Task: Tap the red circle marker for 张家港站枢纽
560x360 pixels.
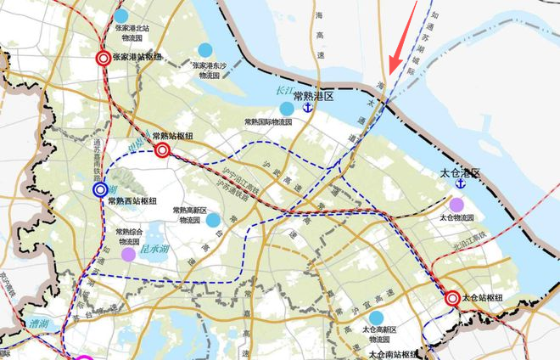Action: pyautogui.click(x=103, y=59)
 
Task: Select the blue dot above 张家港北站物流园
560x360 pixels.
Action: pyautogui.click(x=121, y=15)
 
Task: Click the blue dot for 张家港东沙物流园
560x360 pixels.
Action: pyautogui.click(x=204, y=49)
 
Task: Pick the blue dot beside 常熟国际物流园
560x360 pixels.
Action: pyautogui.click(x=287, y=109)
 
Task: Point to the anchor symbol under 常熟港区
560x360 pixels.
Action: pyautogui.click(x=308, y=112)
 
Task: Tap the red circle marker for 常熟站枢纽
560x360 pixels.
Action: pyautogui.click(x=163, y=151)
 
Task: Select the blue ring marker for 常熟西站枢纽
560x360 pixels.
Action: pyautogui.click(x=100, y=189)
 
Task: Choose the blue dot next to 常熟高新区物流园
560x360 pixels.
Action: pyautogui.click(x=214, y=220)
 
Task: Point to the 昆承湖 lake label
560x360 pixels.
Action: pyautogui.click(x=155, y=250)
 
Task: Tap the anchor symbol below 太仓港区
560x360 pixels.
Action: pyautogui.click(x=461, y=184)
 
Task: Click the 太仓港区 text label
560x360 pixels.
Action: pyautogui.click(x=460, y=172)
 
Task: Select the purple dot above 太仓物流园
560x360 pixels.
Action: pyautogui.click(x=456, y=204)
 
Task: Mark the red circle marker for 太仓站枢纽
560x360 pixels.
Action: pyautogui.click(x=453, y=298)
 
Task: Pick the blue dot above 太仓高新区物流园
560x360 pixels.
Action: pyautogui.click(x=376, y=318)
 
